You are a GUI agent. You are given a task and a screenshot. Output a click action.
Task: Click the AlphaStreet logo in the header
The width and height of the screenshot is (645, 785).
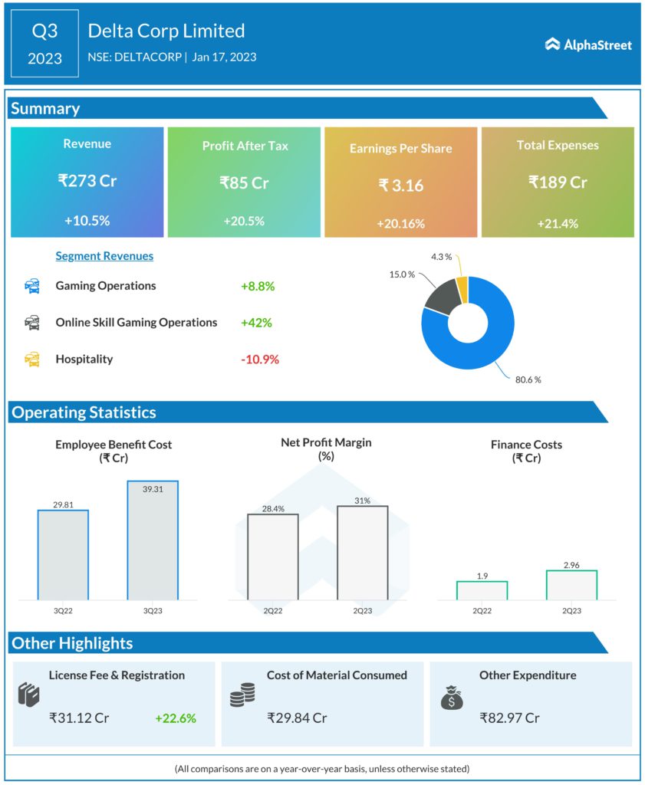[588, 44]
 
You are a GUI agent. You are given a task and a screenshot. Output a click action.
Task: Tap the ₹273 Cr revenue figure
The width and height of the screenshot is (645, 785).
[87, 181]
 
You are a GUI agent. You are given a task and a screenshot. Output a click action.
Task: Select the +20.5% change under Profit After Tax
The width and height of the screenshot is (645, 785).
[244, 221]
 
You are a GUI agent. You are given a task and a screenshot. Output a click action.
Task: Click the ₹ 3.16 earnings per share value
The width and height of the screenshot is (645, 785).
[400, 185]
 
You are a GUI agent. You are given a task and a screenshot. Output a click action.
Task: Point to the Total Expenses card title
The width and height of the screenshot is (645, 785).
[558, 145]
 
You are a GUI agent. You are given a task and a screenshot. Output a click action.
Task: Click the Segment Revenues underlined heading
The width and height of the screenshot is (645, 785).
[104, 256]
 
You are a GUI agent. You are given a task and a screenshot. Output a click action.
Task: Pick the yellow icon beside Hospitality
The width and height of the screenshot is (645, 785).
[32, 359]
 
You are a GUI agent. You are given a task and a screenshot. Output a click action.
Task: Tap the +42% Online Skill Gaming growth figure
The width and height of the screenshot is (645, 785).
[256, 323]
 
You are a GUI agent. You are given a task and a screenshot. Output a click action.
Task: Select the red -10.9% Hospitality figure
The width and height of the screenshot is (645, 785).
[260, 359]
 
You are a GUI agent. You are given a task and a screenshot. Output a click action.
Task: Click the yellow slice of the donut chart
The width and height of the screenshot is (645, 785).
[462, 289]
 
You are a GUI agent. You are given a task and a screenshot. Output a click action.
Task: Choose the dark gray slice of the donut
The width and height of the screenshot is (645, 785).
[440, 297]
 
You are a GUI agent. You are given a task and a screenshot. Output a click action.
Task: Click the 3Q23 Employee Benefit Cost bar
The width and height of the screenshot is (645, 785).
[153, 540]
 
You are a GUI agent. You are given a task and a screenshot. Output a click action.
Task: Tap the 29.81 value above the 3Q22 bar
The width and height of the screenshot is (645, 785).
[63, 504]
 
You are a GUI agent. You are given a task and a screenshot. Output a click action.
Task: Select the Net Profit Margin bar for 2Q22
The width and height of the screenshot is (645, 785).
[272, 557]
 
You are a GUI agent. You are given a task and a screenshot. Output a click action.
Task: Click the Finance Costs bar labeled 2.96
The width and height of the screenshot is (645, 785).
[571, 585]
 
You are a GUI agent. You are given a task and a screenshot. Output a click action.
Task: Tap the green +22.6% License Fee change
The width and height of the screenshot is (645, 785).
[175, 718]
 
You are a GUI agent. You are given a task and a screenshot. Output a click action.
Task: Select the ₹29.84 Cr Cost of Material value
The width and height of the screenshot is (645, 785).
[297, 718]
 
